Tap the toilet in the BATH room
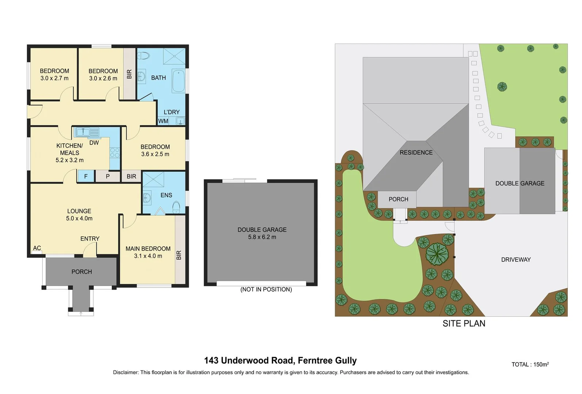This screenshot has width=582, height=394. click(x=144, y=56)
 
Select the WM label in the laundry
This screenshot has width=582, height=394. click(x=163, y=121)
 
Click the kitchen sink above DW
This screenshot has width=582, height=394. click(x=87, y=132)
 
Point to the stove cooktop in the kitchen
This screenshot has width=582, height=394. click(x=115, y=152)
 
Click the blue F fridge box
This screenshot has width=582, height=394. click(x=86, y=176)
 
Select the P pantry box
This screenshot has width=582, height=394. click(x=108, y=176)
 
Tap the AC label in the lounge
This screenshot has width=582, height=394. click(x=37, y=248)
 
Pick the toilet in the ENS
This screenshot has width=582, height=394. click(x=176, y=207)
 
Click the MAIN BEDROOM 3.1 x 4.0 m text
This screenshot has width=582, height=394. click(x=148, y=252)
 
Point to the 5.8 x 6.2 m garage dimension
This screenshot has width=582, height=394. click(x=262, y=237)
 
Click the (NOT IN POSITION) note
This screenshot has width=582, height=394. click(x=266, y=289)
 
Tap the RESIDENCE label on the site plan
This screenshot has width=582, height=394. click(x=416, y=152)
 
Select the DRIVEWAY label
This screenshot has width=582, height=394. click(x=516, y=260)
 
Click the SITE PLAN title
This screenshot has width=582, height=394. click(x=464, y=323)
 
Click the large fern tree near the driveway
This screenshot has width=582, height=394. click(x=436, y=254)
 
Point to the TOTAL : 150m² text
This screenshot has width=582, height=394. click(x=530, y=364)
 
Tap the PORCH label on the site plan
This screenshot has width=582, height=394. click(x=398, y=199)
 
